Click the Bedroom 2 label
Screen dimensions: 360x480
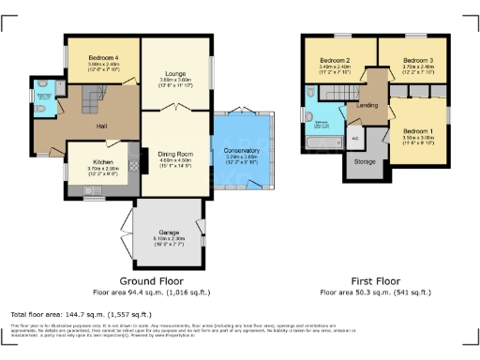tap(334, 60)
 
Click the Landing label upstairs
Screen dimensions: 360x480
tap(367, 105)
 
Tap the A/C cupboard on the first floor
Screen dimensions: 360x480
tap(354, 138)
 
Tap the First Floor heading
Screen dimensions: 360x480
tap(375, 280)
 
